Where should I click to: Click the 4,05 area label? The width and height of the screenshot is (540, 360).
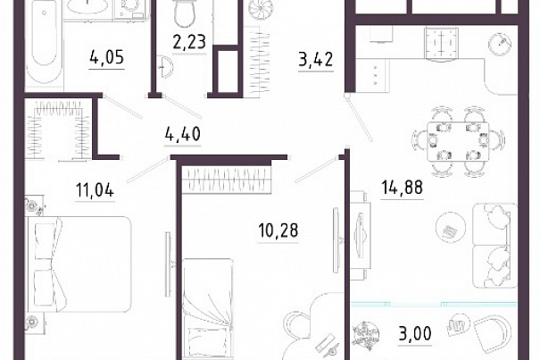[x=107, y=57]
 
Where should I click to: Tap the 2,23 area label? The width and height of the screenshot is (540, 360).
[x=189, y=42]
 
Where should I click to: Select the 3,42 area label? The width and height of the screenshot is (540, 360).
[x=316, y=59]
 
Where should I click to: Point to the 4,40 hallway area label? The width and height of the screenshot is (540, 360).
[x=182, y=134]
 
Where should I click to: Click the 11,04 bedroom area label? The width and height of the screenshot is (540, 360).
[x=95, y=190]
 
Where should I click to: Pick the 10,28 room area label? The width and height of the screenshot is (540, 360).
[x=278, y=230]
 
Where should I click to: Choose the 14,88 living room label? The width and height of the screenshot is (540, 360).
[x=402, y=188]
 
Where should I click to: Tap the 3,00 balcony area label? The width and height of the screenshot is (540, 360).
[x=415, y=333]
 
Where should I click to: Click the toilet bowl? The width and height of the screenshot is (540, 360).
[x=184, y=13]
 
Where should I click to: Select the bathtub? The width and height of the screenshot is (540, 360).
[x=45, y=41]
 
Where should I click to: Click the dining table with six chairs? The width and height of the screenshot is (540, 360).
[x=458, y=141]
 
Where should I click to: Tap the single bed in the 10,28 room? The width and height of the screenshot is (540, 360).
[x=208, y=308]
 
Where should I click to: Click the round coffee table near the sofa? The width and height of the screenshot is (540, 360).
[x=451, y=228]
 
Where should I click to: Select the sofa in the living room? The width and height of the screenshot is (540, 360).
[x=494, y=246]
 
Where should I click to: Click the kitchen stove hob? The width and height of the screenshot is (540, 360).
[x=442, y=44]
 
